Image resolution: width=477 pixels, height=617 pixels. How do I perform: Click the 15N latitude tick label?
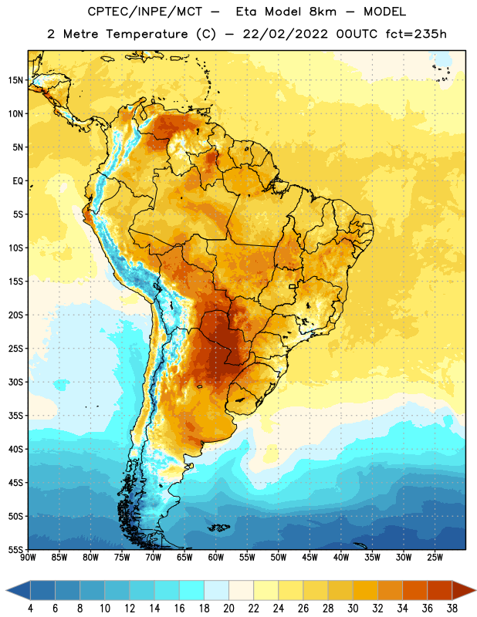(15, 80)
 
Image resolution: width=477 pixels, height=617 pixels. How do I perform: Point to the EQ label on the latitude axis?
(18, 181)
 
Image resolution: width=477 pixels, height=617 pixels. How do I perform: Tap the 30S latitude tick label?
(15, 382)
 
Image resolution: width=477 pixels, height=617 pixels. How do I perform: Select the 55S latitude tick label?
(15, 550)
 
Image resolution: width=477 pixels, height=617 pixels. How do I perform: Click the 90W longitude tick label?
(28, 557)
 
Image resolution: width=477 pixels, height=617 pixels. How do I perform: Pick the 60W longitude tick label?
(216, 557)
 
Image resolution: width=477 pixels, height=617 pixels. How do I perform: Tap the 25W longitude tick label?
(435, 557)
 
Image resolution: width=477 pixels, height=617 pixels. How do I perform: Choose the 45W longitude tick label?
(310, 557)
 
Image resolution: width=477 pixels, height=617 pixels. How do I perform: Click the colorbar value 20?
(228, 609)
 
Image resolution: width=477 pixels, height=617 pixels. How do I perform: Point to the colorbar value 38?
(452, 609)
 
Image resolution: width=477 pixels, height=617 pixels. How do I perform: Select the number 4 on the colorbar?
(30, 609)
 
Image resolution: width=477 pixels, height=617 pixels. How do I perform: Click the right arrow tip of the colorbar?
(475, 591)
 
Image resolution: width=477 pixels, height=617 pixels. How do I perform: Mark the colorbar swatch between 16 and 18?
(192, 591)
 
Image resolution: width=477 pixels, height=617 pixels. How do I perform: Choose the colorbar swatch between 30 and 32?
(366, 591)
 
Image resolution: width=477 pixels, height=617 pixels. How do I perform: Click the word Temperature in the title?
(147, 34)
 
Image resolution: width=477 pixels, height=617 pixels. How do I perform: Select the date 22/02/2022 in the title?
(285, 34)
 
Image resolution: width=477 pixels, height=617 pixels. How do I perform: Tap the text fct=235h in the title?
(416, 34)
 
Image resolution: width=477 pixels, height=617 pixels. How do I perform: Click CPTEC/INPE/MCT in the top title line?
(145, 12)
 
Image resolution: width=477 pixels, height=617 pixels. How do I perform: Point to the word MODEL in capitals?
(384, 12)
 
